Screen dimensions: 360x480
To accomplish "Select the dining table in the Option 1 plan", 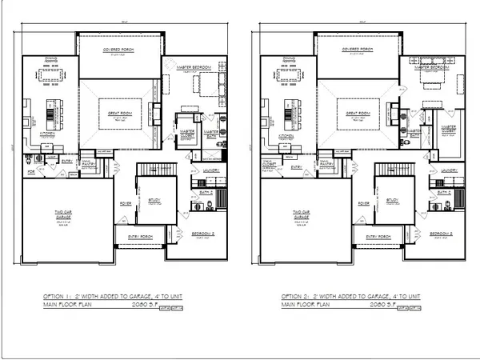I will (48, 75).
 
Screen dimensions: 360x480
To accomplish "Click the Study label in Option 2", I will (392, 200).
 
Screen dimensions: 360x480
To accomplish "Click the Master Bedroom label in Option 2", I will (434, 68).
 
